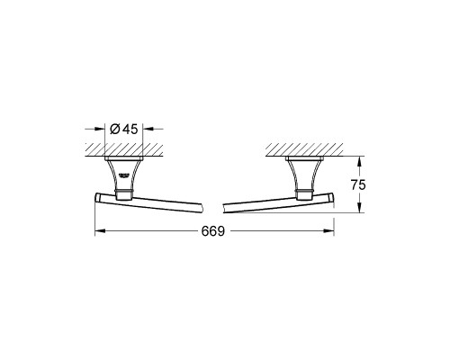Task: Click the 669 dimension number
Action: [213, 231]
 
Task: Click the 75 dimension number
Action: [358, 185]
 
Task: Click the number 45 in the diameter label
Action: [130, 129]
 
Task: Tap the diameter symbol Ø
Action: [115, 129]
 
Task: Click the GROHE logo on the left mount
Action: [124, 175]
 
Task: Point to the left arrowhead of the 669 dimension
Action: [100, 230]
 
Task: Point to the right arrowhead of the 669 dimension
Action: [329, 230]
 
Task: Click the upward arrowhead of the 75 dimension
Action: [360, 161]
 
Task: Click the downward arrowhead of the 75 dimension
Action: [360, 208]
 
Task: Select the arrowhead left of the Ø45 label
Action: [100, 129]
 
